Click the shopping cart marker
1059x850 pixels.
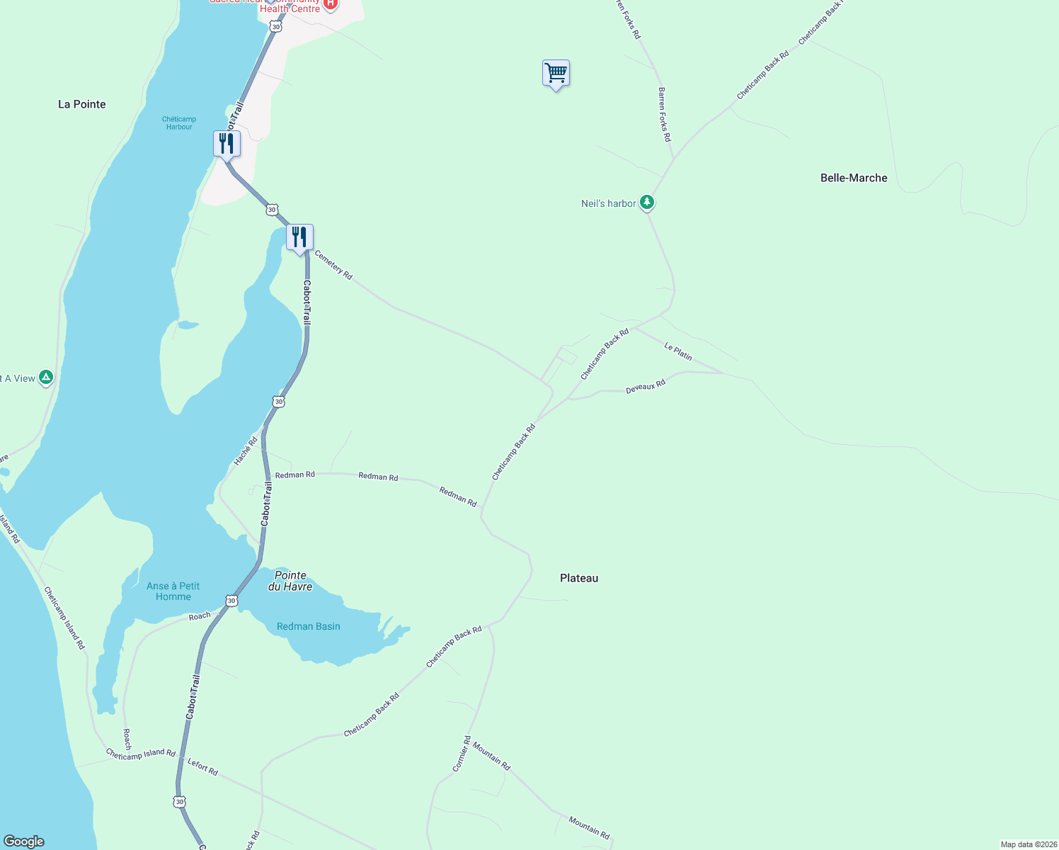[x=556, y=73]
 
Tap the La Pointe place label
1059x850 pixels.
[x=82, y=104]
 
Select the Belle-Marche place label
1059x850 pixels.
[x=854, y=178]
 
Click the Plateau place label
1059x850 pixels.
[x=579, y=578]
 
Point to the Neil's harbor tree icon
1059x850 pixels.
[x=646, y=203]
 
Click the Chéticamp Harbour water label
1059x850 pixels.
[x=179, y=123]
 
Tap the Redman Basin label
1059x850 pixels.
[x=309, y=626]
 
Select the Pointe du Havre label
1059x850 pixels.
[x=290, y=581]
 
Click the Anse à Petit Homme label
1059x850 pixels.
[x=173, y=591]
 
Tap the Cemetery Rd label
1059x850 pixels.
[x=333, y=265]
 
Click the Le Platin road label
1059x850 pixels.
[x=678, y=351]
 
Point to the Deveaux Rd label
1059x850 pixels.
[x=646, y=387]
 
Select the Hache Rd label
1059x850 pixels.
[x=246, y=450]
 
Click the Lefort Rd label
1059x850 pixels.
[x=202, y=766]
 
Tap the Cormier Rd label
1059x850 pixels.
[x=462, y=754]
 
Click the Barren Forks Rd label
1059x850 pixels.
[x=664, y=115]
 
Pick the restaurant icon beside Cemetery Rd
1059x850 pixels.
[x=299, y=237]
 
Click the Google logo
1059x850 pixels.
[x=24, y=841]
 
